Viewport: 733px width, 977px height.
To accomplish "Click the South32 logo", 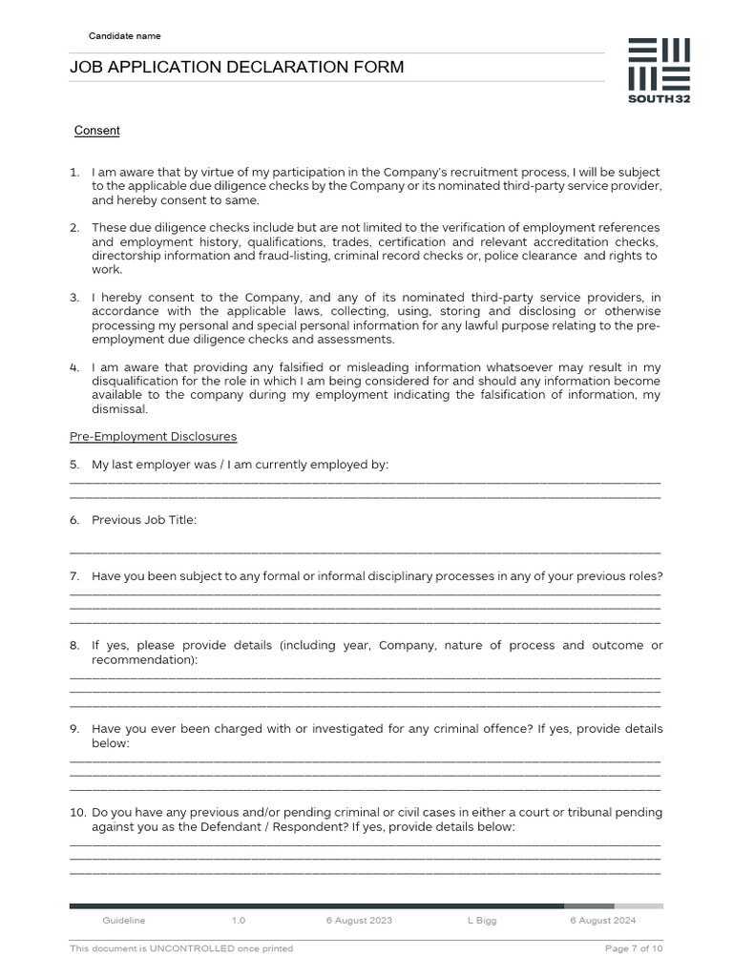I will pos(659,72).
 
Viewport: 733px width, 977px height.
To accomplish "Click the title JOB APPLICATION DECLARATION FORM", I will pos(237,67).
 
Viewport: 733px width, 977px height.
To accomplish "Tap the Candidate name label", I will pos(125,36).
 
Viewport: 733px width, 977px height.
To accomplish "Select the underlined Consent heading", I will pos(97,131).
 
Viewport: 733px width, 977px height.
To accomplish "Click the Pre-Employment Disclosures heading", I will pos(153,437).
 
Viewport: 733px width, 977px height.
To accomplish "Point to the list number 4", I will pos(74,367).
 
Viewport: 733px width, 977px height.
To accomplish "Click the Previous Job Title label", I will pos(144,520).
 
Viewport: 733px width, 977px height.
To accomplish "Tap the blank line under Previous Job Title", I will pos(365,551).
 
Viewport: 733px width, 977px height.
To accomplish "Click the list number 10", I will pos(77,813).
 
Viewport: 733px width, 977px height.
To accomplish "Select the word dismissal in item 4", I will pos(119,409).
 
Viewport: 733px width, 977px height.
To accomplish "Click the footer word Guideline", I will pos(124,921).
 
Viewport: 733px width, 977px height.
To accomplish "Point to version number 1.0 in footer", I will pos(239,921).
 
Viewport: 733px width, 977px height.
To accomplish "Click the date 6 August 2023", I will pos(359,921).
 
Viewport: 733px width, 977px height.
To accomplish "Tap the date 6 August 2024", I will pos(603,921).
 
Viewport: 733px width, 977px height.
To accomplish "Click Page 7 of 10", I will pos(634,948).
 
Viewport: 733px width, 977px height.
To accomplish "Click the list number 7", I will pos(74,576).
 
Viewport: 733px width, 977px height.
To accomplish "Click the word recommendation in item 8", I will pos(142,660).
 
